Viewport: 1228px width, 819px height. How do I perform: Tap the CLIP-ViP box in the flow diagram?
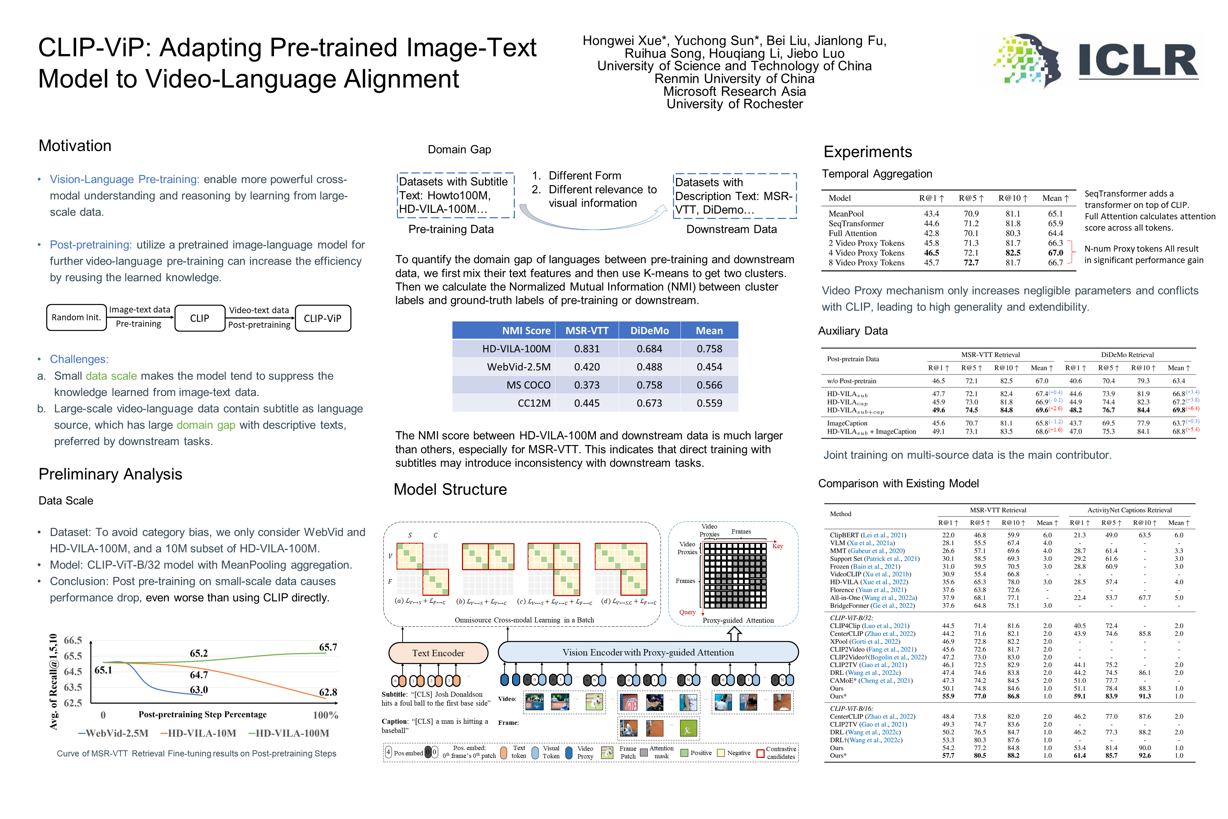[x=323, y=318]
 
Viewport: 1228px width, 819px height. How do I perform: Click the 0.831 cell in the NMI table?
[x=587, y=349]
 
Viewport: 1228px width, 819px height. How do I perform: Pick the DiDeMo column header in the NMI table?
[x=650, y=331]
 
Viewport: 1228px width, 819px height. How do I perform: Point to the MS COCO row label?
[x=528, y=385]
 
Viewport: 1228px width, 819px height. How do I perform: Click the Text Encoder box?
[x=438, y=653]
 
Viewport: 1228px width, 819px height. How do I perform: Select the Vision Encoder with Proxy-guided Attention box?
[x=648, y=652]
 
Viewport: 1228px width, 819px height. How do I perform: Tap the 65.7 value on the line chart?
[x=328, y=647]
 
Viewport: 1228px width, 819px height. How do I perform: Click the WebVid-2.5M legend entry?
[x=113, y=733]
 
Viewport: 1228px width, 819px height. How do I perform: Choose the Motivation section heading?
[x=75, y=146]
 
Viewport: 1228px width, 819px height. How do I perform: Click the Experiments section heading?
[x=868, y=152]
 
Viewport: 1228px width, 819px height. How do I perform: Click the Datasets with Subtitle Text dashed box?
[x=455, y=196]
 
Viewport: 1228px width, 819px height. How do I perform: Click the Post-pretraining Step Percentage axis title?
[x=203, y=714]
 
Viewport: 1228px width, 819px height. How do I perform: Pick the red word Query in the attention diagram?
[x=687, y=612]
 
